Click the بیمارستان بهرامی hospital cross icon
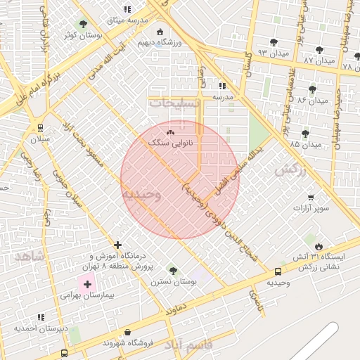coord(87,285)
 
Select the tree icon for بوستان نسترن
coord(173,271)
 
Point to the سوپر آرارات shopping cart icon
coord(311,198)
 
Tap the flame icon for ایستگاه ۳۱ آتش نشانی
coord(319,246)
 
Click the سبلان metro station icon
coord(41,127)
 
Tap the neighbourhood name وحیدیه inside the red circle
coord(142,193)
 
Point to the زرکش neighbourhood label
coord(292,169)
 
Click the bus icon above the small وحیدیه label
coord(278,271)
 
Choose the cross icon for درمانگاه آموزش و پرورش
coord(117,245)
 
